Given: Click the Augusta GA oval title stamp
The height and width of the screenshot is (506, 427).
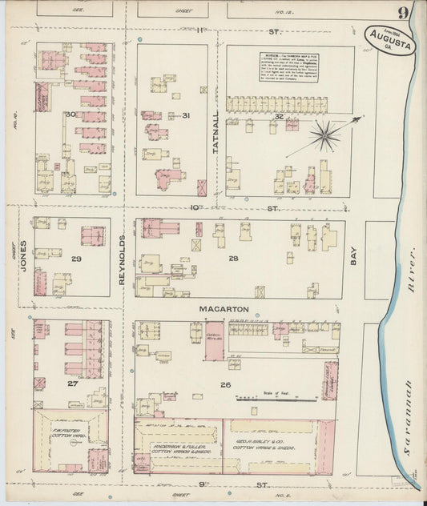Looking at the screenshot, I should (x=391, y=39).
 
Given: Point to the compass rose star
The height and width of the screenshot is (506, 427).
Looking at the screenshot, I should (x=324, y=135).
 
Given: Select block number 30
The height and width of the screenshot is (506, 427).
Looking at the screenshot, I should (x=70, y=115).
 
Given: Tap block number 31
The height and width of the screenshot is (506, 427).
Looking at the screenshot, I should (x=185, y=115).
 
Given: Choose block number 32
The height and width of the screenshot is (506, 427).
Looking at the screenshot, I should (x=279, y=116).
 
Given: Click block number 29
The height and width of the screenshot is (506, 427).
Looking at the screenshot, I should (x=76, y=260).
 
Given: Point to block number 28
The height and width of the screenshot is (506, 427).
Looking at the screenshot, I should (x=233, y=259).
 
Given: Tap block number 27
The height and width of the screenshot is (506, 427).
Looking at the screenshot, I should (x=73, y=384).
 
